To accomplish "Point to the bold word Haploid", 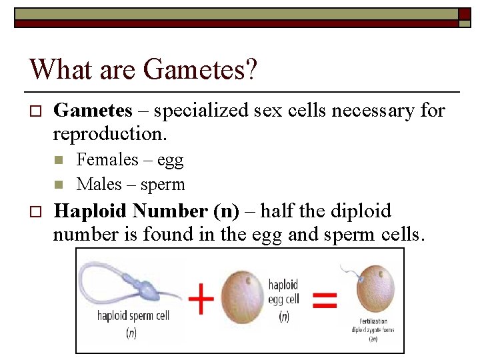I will point(89,211).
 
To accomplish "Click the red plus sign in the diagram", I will point(201,300).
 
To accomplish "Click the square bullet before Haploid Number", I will point(37,212).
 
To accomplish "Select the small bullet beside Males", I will point(59,185).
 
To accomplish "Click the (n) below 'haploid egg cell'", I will point(285,318).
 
